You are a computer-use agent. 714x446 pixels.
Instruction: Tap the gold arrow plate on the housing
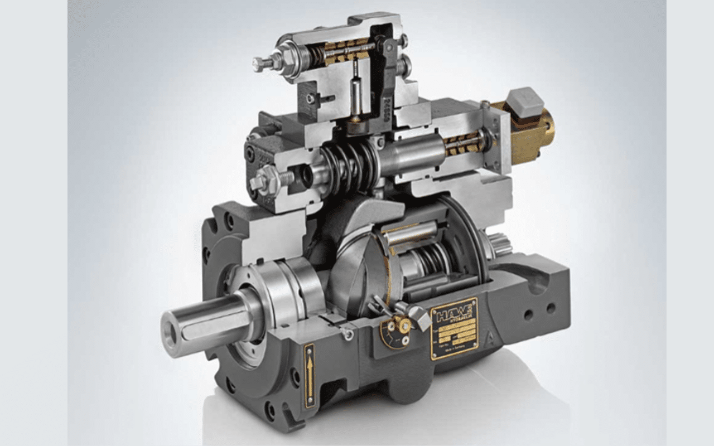(x=308, y=375)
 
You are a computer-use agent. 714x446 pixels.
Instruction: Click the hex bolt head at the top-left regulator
(x=258, y=64)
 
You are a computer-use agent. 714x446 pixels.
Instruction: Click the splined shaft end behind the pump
(x=501, y=244)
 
